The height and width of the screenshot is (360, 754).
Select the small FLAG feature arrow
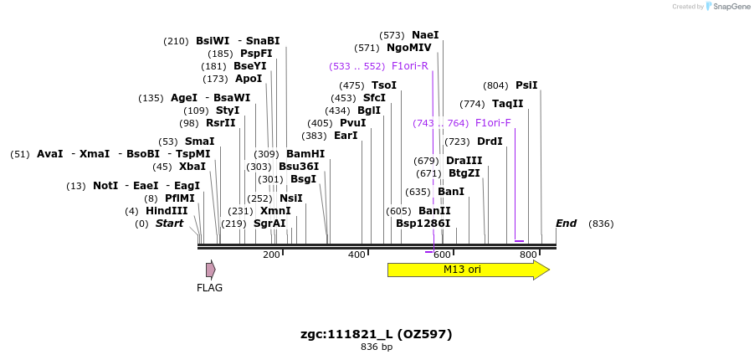tap(211, 270)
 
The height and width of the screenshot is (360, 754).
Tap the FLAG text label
tap(209, 288)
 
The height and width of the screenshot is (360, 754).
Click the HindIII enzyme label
tap(167, 211)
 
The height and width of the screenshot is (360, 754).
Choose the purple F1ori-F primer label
tap(493, 123)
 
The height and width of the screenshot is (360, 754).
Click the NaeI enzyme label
tap(425, 35)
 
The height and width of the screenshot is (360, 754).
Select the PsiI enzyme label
tap(526, 85)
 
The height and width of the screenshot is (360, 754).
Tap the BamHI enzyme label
tap(305, 154)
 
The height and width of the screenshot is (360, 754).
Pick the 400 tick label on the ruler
tap(357, 255)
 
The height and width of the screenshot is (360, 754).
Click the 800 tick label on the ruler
tap(528, 255)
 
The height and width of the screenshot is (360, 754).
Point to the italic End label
tap(567, 224)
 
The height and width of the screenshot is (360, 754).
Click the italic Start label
tap(169, 224)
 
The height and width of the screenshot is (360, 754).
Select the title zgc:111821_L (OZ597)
tap(377, 334)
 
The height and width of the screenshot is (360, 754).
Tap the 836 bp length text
tap(377, 347)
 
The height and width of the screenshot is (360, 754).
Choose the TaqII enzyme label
tap(508, 104)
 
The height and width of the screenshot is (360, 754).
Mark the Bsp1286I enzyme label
tap(423, 224)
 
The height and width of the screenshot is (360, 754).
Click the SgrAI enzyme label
tap(269, 224)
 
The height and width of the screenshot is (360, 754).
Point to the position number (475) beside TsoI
tap(351, 85)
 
